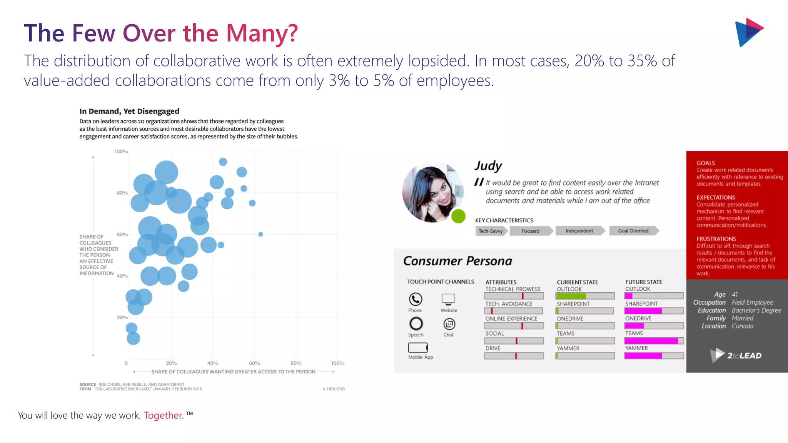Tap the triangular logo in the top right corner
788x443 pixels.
click(x=748, y=32)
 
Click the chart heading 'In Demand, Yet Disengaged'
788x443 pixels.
click(x=129, y=111)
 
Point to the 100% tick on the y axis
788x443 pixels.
click(x=121, y=152)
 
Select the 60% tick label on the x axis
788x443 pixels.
click(x=254, y=363)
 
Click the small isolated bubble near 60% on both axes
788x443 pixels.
click(x=260, y=234)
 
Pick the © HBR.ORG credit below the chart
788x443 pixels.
click(x=334, y=389)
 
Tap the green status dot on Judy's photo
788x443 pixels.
click(x=458, y=216)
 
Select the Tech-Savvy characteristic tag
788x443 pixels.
click(x=491, y=231)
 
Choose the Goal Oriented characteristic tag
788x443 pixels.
click(x=633, y=231)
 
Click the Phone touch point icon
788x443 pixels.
click(x=415, y=299)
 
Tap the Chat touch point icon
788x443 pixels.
click(x=449, y=324)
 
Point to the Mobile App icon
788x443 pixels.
click(x=418, y=348)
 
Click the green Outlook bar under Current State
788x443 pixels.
click(x=571, y=296)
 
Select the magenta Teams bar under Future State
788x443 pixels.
click(x=651, y=341)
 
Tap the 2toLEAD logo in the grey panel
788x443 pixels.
click(x=736, y=355)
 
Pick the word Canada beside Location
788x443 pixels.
click(x=743, y=326)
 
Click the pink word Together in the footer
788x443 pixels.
click(x=163, y=415)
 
